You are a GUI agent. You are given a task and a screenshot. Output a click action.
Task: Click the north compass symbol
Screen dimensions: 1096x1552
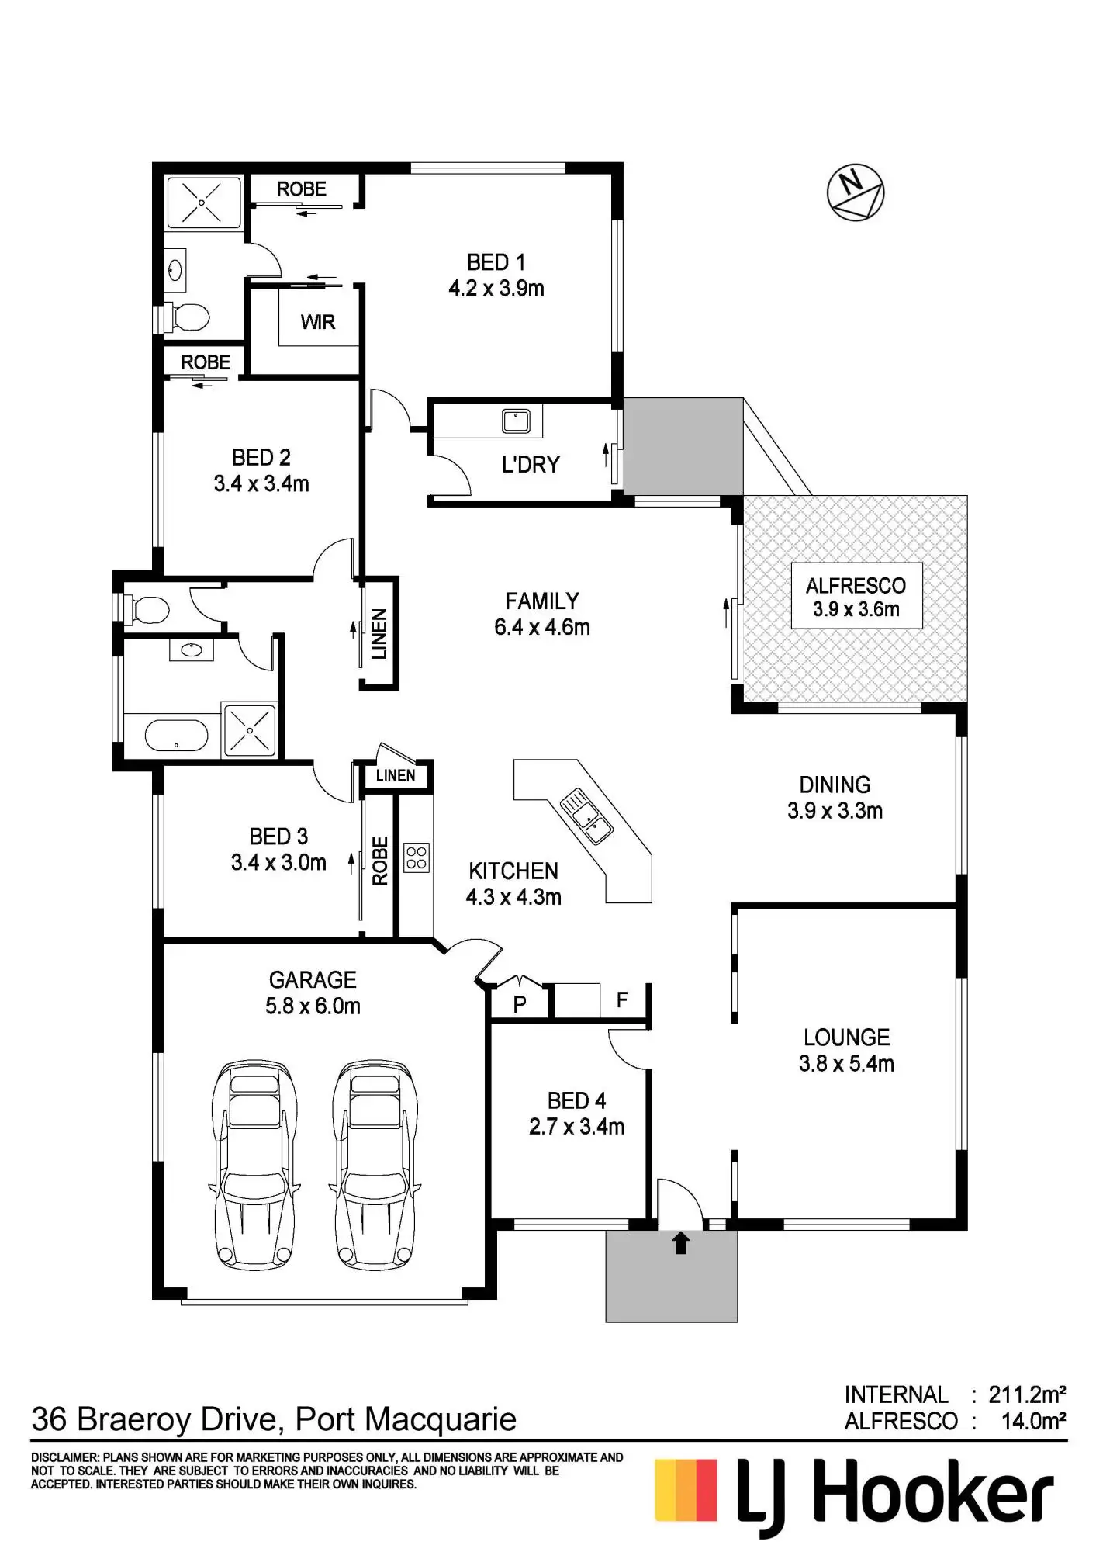[x=856, y=193]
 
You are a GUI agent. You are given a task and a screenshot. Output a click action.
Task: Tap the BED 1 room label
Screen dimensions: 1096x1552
[x=496, y=262]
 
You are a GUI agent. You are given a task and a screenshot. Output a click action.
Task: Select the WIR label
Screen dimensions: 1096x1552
[x=318, y=322]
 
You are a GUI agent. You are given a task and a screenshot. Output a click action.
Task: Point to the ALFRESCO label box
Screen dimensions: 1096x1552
[x=856, y=596]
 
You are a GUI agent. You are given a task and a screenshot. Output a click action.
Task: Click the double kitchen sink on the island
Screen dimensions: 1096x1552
[x=586, y=815]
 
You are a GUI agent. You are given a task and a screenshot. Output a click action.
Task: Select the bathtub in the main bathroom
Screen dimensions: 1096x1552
[x=177, y=735]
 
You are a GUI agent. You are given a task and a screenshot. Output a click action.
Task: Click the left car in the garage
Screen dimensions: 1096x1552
[x=255, y=1163]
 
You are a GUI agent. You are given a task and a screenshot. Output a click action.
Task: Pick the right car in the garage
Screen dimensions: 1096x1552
[x=376, y=1163]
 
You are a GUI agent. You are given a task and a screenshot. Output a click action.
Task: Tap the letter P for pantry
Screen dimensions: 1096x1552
[x=520, y=1004]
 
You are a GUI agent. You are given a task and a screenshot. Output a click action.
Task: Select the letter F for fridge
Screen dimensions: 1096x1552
[x=622, y=1000]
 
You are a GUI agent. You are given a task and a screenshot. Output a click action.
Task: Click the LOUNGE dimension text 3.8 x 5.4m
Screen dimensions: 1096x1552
[x=846, y=1064]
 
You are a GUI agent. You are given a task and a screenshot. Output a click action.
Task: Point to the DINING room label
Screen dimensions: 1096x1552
[x=835, y=785]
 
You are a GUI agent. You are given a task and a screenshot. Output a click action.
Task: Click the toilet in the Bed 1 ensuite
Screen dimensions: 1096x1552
[x=186, y=317]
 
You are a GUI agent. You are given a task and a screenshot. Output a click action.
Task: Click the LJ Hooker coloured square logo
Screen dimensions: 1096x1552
[x=686, y=1491]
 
